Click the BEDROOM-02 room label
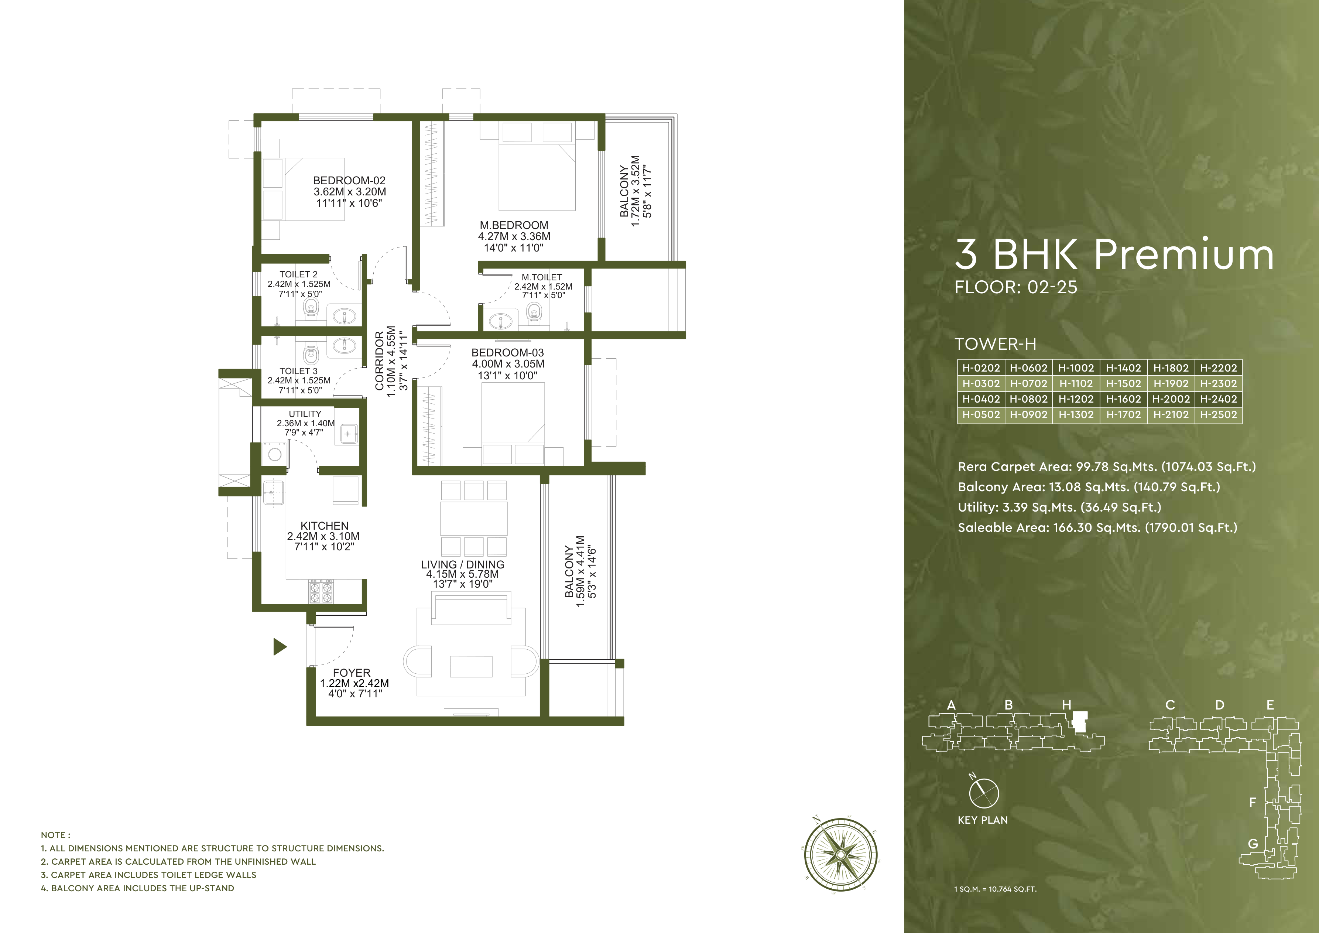point(349,180)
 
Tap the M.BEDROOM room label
point(514,225)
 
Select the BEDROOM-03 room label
point(507,353)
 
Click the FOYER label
point(352,673)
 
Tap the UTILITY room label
point(305,414)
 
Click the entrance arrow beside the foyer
point(279,647)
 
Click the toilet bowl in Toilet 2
point(311,307)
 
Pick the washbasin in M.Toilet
point(501,321)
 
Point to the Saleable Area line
point(1097,527)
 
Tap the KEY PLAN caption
point(982,820)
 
